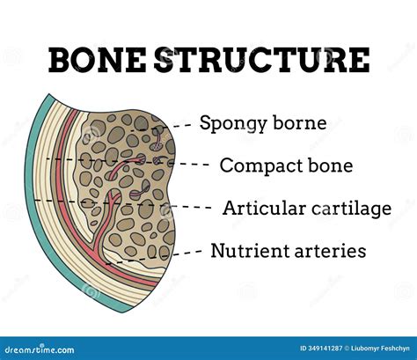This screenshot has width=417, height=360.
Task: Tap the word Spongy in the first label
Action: coord(232,123)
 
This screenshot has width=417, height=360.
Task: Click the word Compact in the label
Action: coord(255,165)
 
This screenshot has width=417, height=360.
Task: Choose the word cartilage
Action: coord(347,209)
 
